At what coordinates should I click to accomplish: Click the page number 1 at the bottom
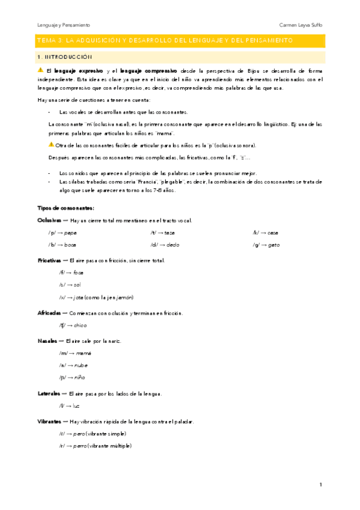(321, 485)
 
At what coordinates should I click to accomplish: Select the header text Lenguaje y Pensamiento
(64, 25)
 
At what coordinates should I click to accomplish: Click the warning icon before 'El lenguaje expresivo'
(41, 70)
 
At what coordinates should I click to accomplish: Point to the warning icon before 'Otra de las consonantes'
(51, 145)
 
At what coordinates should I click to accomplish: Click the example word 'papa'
(70, 232)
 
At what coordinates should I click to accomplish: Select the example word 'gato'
(275, 245)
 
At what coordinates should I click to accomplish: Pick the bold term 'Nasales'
(47, 341)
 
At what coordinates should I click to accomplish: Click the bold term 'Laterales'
(49, 393)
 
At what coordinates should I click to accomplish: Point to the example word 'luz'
(76, 406)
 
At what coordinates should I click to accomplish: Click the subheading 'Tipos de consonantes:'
(61, 207)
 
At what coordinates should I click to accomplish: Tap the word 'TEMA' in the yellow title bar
(44, 40)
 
